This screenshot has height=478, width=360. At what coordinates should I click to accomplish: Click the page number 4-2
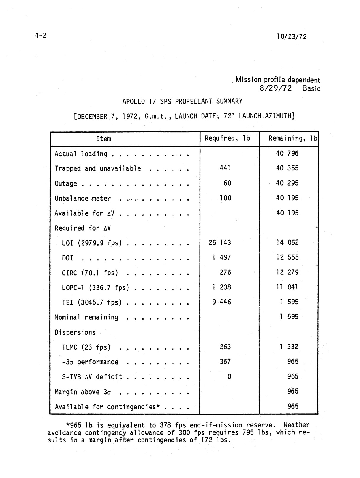point(41,36)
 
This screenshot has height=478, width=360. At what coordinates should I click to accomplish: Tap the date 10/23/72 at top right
point(292,37)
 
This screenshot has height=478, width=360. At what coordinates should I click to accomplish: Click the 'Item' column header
point(104,139)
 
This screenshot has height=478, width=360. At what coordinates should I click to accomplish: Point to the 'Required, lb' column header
point(227,138)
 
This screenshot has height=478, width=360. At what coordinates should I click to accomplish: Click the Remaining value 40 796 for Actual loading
point(287,153)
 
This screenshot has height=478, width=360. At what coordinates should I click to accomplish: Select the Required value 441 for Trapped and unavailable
point(225,168)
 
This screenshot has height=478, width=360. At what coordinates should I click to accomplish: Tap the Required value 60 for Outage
point(227,183)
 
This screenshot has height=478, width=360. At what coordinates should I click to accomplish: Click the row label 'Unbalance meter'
point(83,199)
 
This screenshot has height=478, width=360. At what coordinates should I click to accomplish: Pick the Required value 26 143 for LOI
point(220,243)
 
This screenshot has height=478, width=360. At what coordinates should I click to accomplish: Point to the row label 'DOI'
point(67,258)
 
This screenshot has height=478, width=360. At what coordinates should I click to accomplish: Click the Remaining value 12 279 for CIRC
point(287,272)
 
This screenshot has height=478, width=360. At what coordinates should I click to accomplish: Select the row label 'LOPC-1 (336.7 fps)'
point(96,287)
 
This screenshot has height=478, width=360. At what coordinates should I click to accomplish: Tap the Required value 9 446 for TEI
point(221,302)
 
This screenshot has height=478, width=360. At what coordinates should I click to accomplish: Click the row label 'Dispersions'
point(75,332)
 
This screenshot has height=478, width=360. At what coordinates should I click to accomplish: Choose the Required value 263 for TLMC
point(225,347)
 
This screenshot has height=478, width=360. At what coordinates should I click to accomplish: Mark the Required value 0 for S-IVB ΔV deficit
point(229,376)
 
